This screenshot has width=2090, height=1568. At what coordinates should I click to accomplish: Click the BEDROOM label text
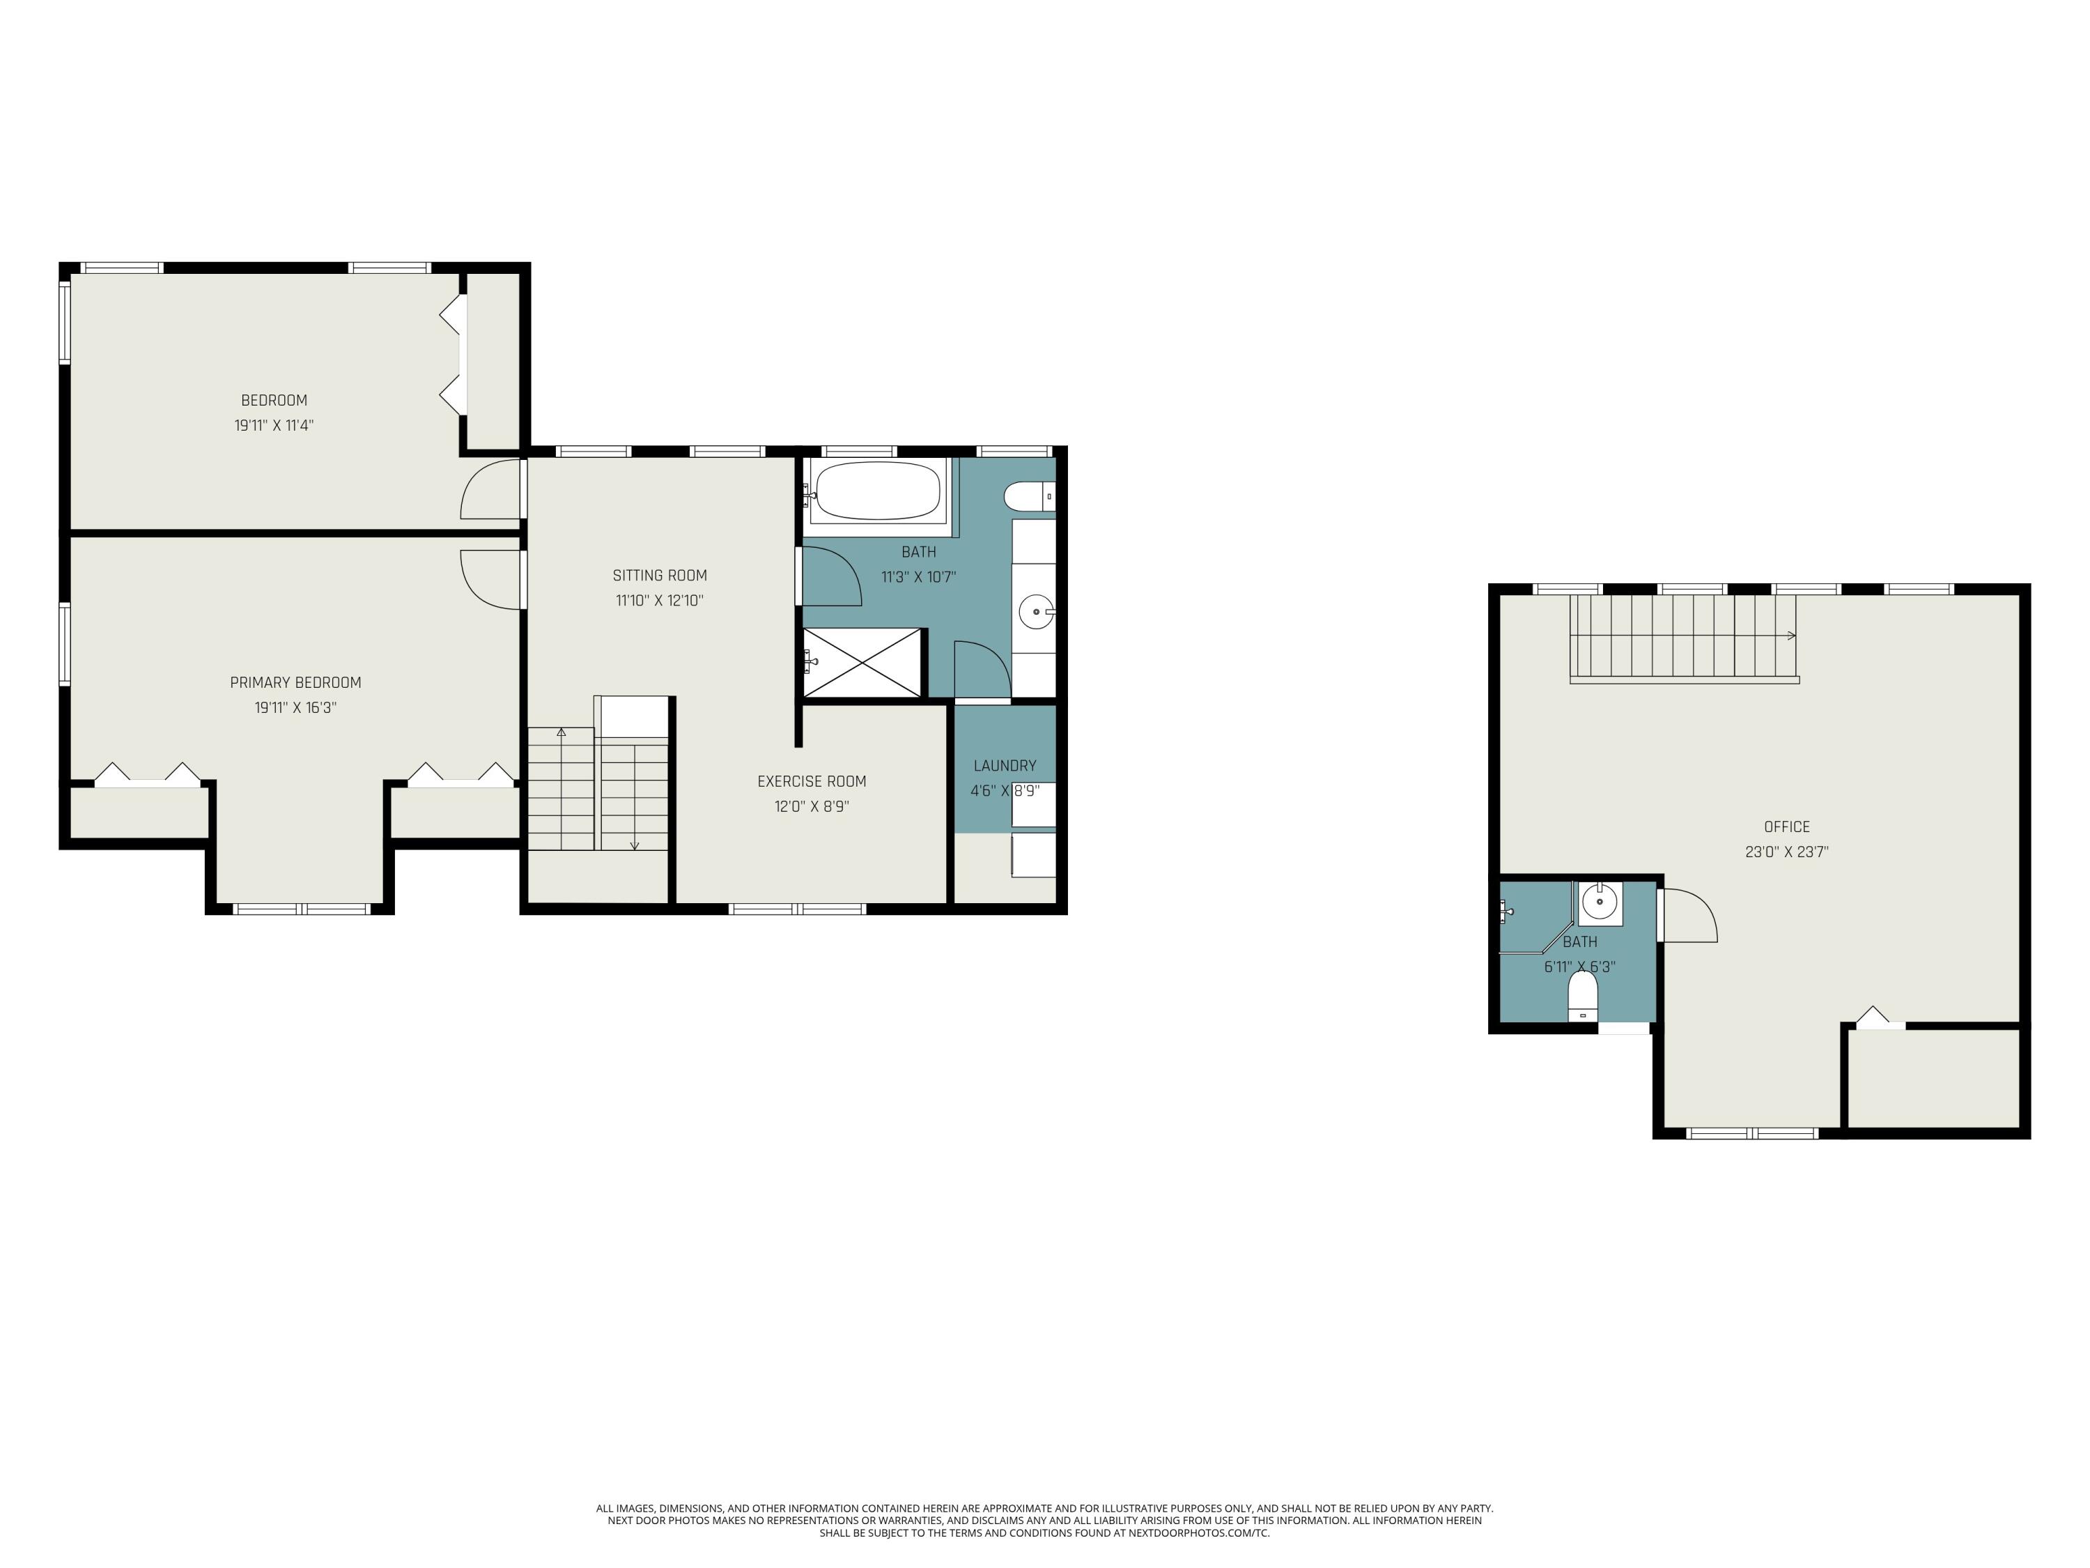pyautogui.click(x=274, y=401)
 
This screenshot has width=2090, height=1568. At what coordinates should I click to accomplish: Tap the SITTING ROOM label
pyautogui.click(x=660, y=576)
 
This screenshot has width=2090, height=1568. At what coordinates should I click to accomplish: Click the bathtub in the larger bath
pyautogui.click(x=878, y=491)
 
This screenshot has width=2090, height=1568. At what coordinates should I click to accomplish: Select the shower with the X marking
pyautogui.click(x=861, y=663)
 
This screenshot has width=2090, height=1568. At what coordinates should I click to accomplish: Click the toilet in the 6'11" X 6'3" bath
pyautogui.click(x=1583, y=995)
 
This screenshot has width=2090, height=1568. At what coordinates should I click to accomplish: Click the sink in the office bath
pyautogui.click(x=1599, y=902)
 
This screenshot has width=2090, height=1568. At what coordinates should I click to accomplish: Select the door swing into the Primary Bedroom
pyautogui.click(x=490, y=578)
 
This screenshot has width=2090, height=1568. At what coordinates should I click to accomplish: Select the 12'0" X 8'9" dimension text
pyautogui.click(x=812, y=807)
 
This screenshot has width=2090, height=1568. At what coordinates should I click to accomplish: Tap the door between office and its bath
pyautogui.click(x=1689, y=915)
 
